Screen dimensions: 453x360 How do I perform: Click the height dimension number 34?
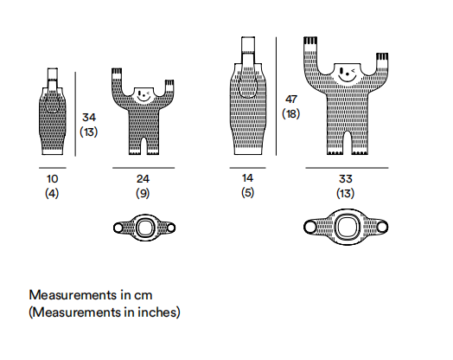click(89, 118)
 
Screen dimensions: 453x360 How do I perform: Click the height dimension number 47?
click(291, 100)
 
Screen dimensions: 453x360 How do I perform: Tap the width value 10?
click(52, 179)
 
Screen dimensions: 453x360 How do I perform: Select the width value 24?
click(143, 179)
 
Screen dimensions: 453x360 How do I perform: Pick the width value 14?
click(247, 178)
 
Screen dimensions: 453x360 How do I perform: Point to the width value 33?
click(346, 179)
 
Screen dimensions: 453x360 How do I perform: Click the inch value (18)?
click(291, 113)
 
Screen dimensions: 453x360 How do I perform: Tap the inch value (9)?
click(143, 193)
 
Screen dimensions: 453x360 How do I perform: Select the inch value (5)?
click(247, 192)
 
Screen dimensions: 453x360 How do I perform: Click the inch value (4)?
click(52, 193)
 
